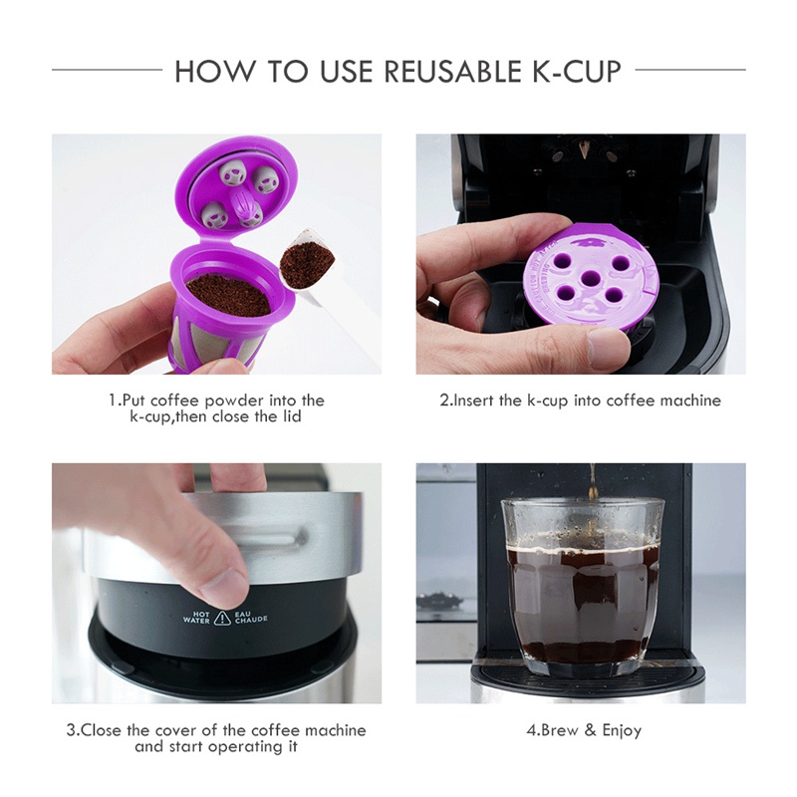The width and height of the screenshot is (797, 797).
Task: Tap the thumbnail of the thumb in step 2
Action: pos(607,349)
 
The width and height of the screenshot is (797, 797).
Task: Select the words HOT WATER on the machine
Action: pos(197,618)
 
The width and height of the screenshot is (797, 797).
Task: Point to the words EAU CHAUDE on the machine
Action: pos(250,618)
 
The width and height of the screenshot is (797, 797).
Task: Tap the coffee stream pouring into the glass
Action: pos(592,483)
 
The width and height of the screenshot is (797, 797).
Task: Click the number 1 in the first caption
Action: pos(113,400)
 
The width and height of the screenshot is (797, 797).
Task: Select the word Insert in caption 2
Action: pos(474,400)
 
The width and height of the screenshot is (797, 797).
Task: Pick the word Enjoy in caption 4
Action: pos(622,730)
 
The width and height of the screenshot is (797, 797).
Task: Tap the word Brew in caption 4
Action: pos(560,730)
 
